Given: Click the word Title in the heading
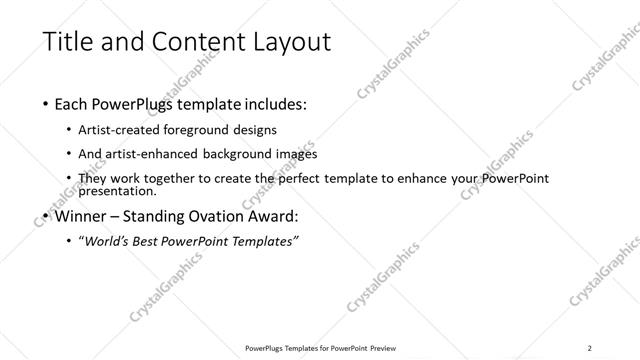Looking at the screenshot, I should click(x=67, y=42).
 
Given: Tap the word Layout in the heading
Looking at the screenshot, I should click(x=285, y=42).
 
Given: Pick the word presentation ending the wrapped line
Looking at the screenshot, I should click(x=116, y=190).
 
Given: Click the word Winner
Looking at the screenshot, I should click(x=83, y=215).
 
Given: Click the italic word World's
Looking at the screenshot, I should click(x=107, y=241).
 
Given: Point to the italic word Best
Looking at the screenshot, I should click(x=151, y=241).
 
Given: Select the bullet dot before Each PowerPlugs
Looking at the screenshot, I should click(x=47, y=104).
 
